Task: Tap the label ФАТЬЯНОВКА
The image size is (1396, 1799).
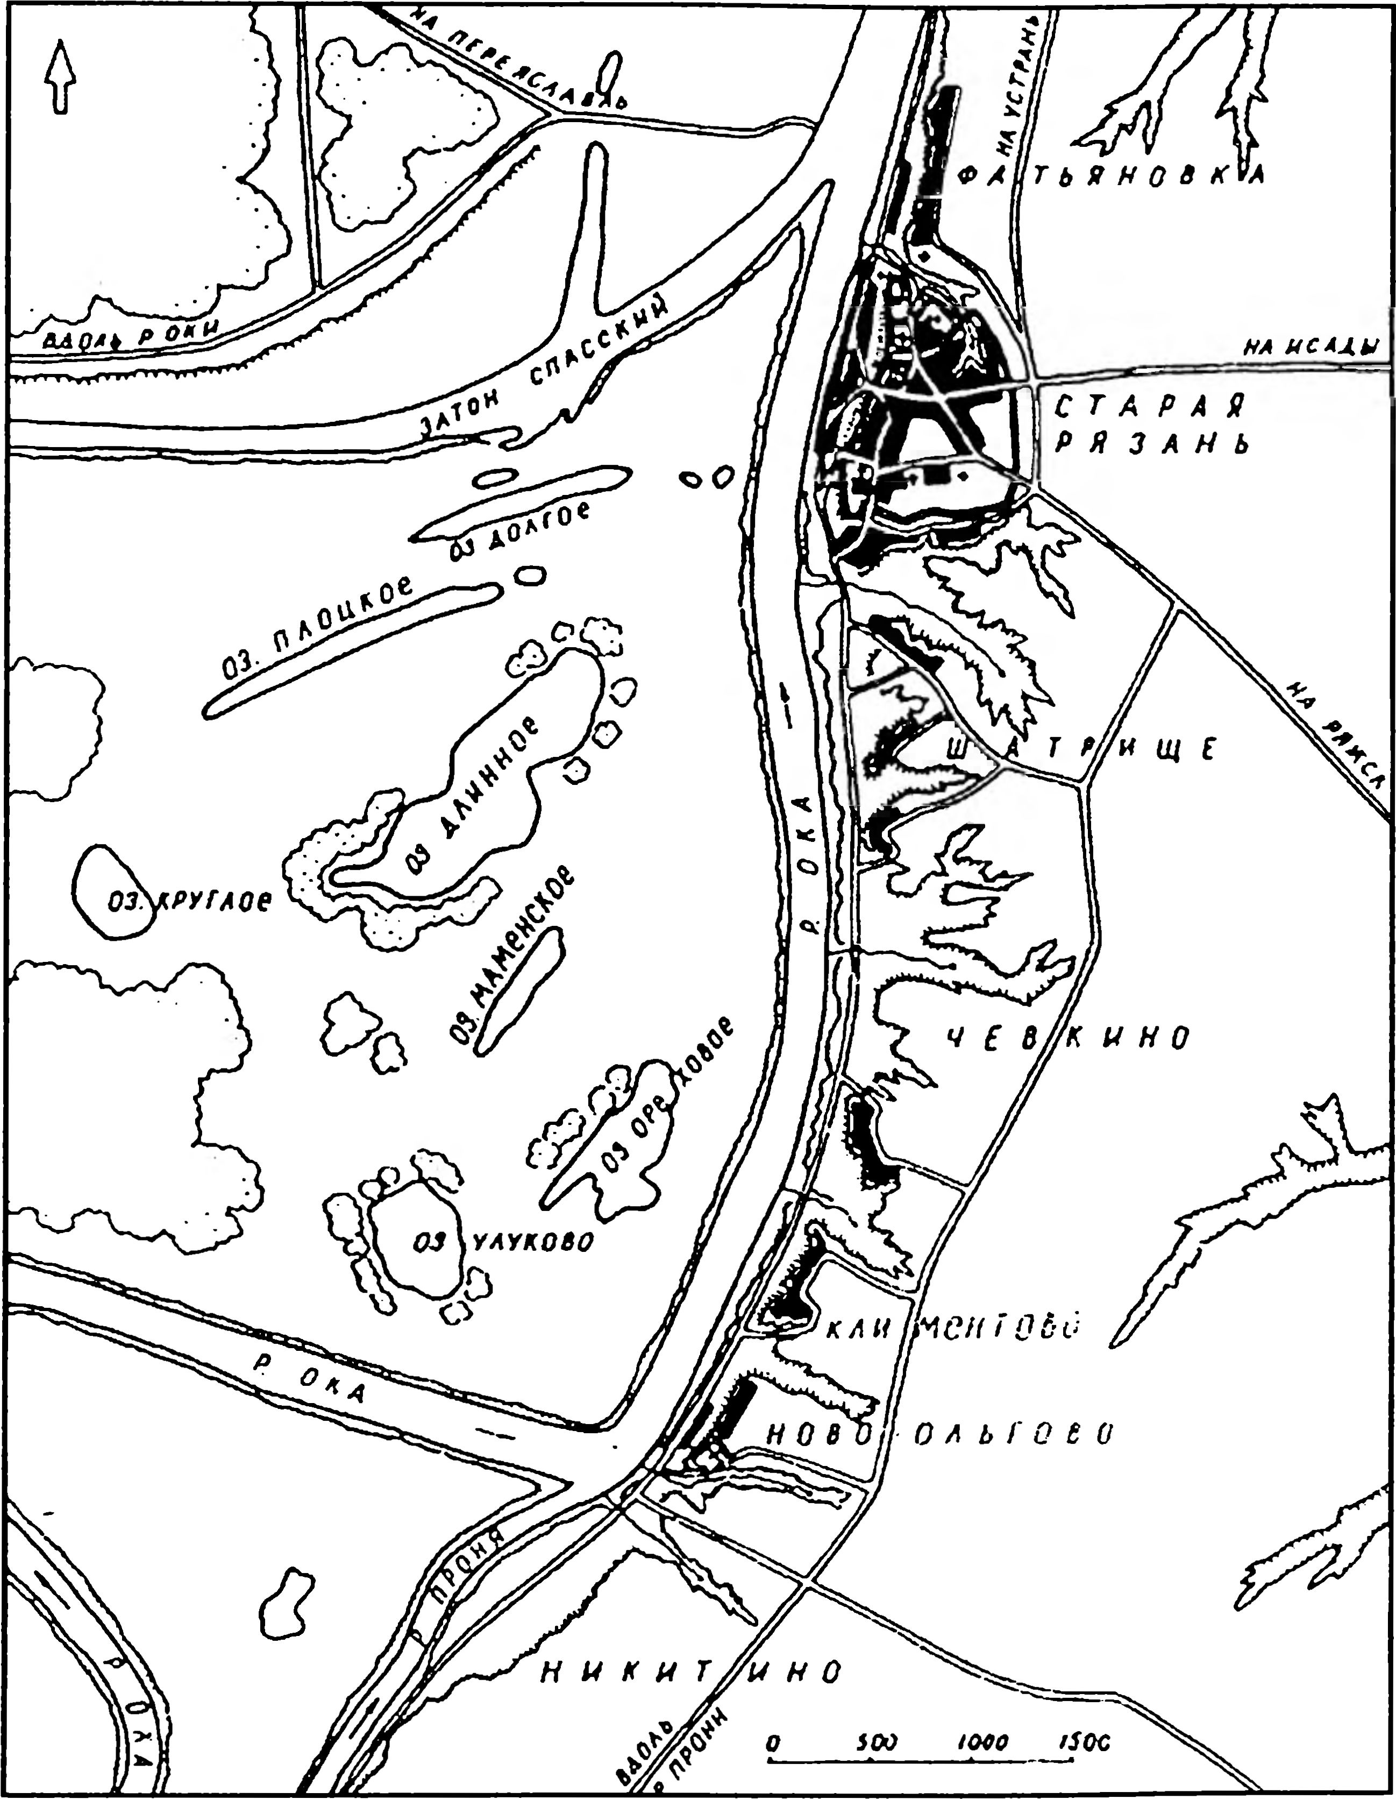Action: (1112, 175)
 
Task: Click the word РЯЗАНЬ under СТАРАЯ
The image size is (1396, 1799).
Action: (1153, 445)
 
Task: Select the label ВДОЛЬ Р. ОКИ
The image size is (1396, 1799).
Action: (132, 334)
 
